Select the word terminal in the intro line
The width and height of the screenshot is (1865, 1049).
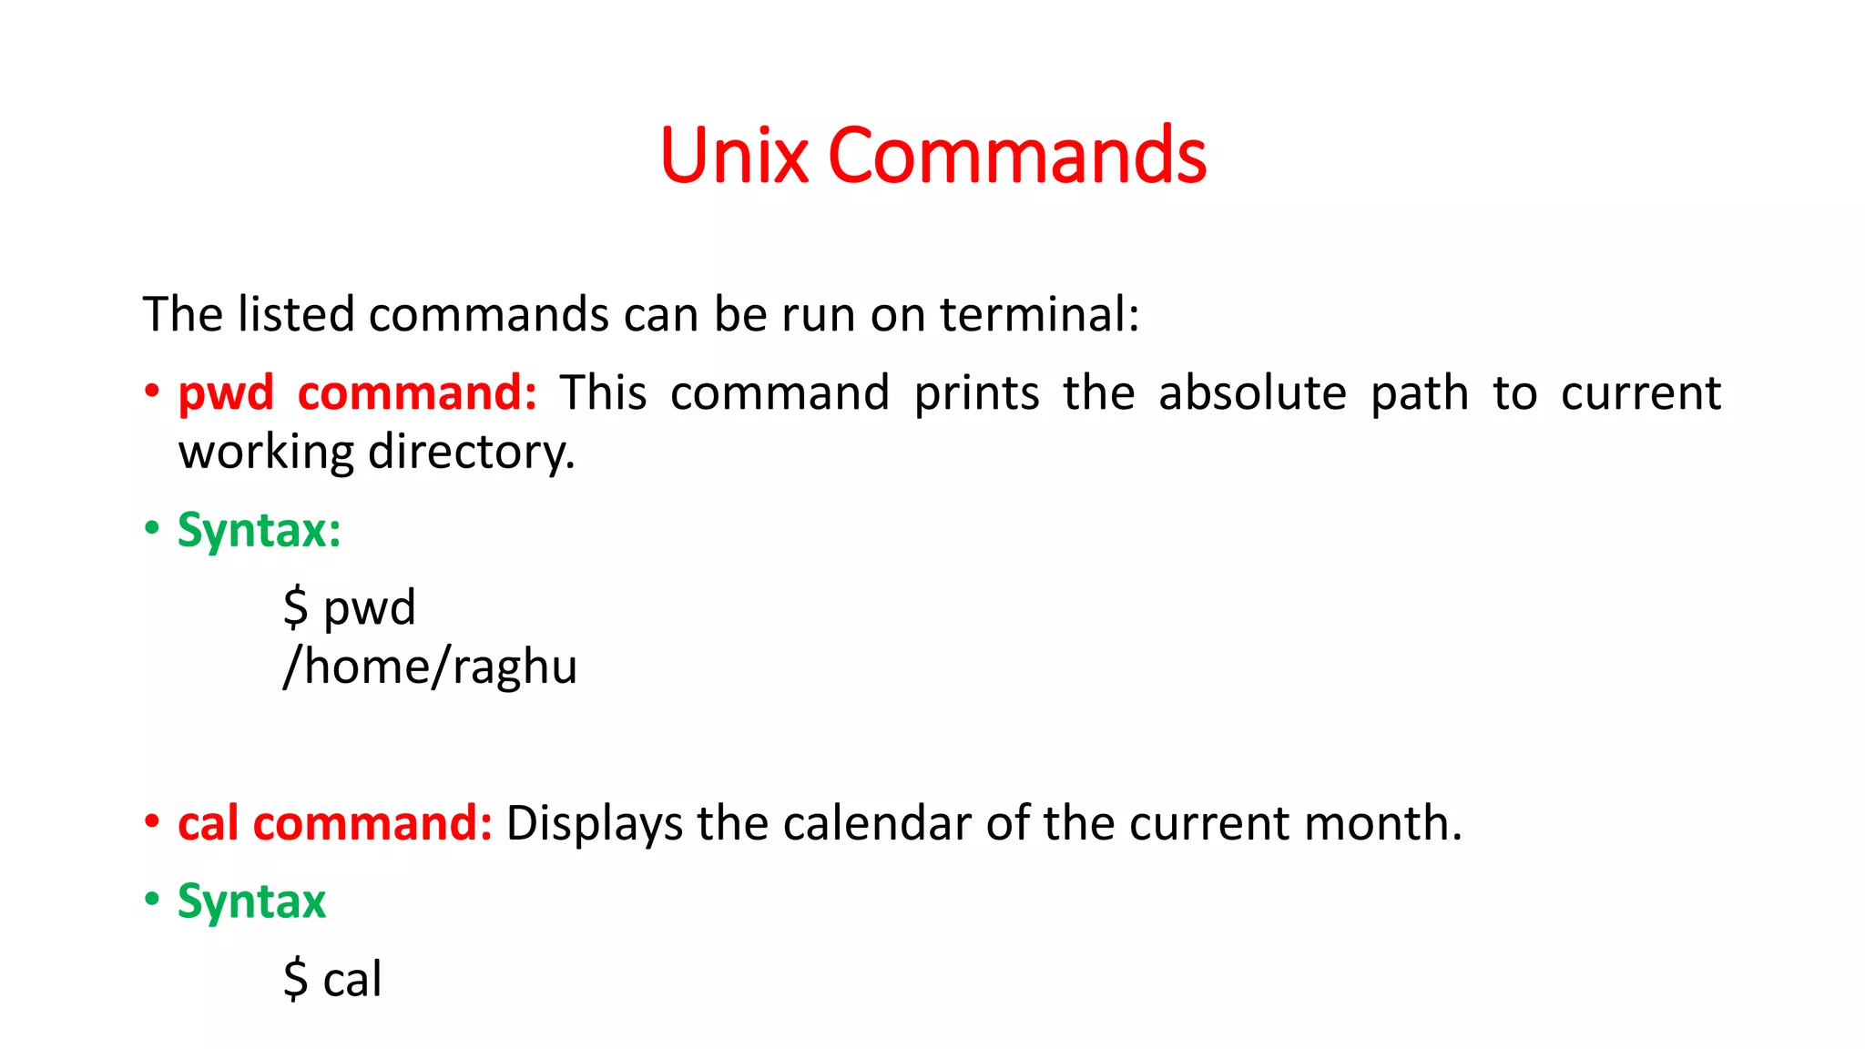[1038, 315]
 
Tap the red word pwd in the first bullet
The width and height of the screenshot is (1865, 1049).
[226, 394]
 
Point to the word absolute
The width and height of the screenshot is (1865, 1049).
[1252, 393]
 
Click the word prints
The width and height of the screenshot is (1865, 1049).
[976, 394]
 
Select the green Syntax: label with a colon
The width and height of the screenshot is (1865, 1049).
[259, 530]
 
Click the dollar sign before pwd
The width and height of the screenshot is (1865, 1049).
[295, 607]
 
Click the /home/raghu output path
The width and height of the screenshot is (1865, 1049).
[430, 667]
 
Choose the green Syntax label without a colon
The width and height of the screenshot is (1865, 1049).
[251, 902]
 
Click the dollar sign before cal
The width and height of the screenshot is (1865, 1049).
[295, 980]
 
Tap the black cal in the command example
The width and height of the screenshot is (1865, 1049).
[352, 980]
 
